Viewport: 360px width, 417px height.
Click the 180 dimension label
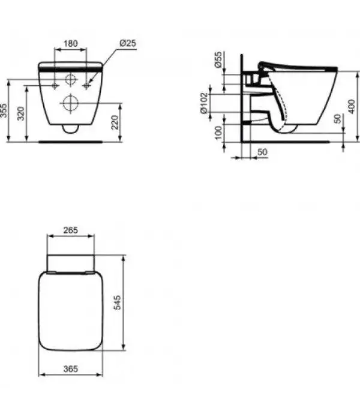[x=71, y=43]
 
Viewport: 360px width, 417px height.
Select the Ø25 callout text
[x=128, y=43]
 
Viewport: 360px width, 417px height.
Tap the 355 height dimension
[x=4, y=110]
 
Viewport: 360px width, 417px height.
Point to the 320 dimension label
[x=21, y=113]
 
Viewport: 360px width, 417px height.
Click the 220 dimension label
[x=115, y=122]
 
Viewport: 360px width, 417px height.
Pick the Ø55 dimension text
[x=218, y=60]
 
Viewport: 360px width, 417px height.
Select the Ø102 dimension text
[x=204, y=103]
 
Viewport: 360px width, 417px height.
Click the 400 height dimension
[x=352, y=107]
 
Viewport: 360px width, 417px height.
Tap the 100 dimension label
[x=218, y=133]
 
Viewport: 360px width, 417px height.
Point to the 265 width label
[x=71, y=230]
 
